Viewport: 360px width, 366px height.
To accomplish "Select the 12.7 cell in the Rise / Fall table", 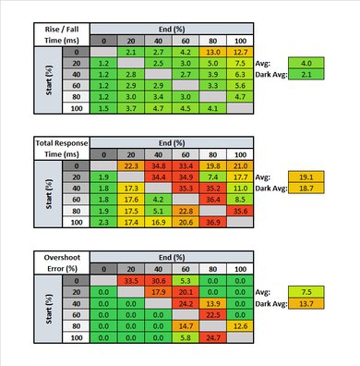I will tap(240, 52).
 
